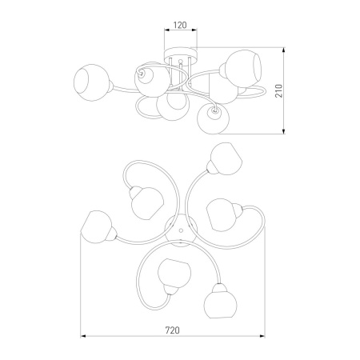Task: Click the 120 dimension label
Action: click(x=180, y=25)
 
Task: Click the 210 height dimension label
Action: click(x=278, y=90)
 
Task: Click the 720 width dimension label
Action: click(x=172, y=330)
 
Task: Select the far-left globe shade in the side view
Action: click(x=91, y=82)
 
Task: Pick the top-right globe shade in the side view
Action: click(x=242, y=69)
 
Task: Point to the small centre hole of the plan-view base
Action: click(x=181, y=230)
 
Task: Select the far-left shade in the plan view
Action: click(x=96, y=227)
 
